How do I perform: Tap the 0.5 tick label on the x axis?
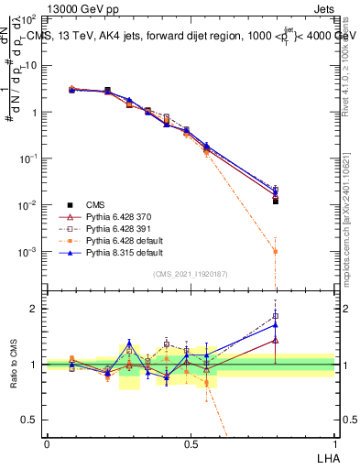coord(191,443)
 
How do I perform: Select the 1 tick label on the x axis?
coord(333,443)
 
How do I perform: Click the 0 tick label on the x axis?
coord(47,443)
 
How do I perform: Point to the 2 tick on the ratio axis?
coord(35,309)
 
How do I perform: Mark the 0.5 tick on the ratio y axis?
coord(31,420)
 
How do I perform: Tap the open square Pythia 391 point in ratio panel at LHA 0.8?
coord(276,317)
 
